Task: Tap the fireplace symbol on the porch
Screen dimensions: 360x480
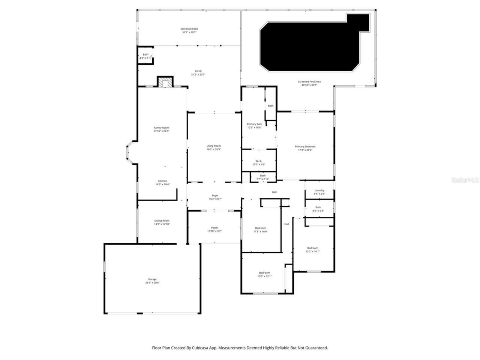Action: click(x=165, y=82)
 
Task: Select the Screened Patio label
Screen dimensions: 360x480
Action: click(x=189, y=29)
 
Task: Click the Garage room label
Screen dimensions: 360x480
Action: click(x=152, y=279)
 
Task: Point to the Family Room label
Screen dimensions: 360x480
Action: click(x=161, y=128)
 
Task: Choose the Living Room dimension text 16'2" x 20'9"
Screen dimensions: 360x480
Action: click(x=214, y=149)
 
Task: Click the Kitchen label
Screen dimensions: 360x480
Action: click(x=162, y=181)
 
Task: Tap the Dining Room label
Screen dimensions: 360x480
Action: click(x=162, y=221)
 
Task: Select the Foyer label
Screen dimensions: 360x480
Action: click(x=215, y=195)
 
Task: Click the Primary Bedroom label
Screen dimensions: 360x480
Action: click(x=305, y=147)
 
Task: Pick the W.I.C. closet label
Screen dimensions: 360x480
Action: click(x=259, y=161)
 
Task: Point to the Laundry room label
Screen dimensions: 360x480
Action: click(x=319, y=190)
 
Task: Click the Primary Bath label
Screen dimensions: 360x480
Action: click(x=254, y=124)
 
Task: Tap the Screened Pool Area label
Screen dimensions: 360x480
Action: click(x=309, y=82)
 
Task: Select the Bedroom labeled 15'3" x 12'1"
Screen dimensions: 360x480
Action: click(x=264, y=273)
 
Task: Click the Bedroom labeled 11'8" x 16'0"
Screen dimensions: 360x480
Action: click(x=261, y=228)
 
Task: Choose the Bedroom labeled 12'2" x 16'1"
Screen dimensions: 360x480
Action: click(x=313, y=248)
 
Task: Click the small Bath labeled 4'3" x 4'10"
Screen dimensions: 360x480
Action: click(x=145, y=55)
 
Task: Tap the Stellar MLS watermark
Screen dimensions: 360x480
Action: click(x=465, y=180)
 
